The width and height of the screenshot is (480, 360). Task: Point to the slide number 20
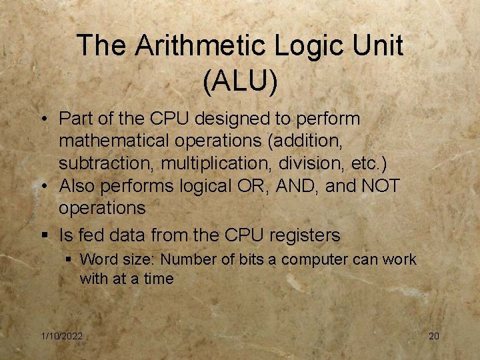pyautogui.click(x=433, y=336)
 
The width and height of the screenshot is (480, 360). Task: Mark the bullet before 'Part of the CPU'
pyautogui.click(x=43, y=120)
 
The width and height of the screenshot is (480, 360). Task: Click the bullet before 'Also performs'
pyautogui.click(x=43, y=186)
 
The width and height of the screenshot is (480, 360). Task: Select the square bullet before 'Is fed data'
pyautogui.click(x=43, y=235)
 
